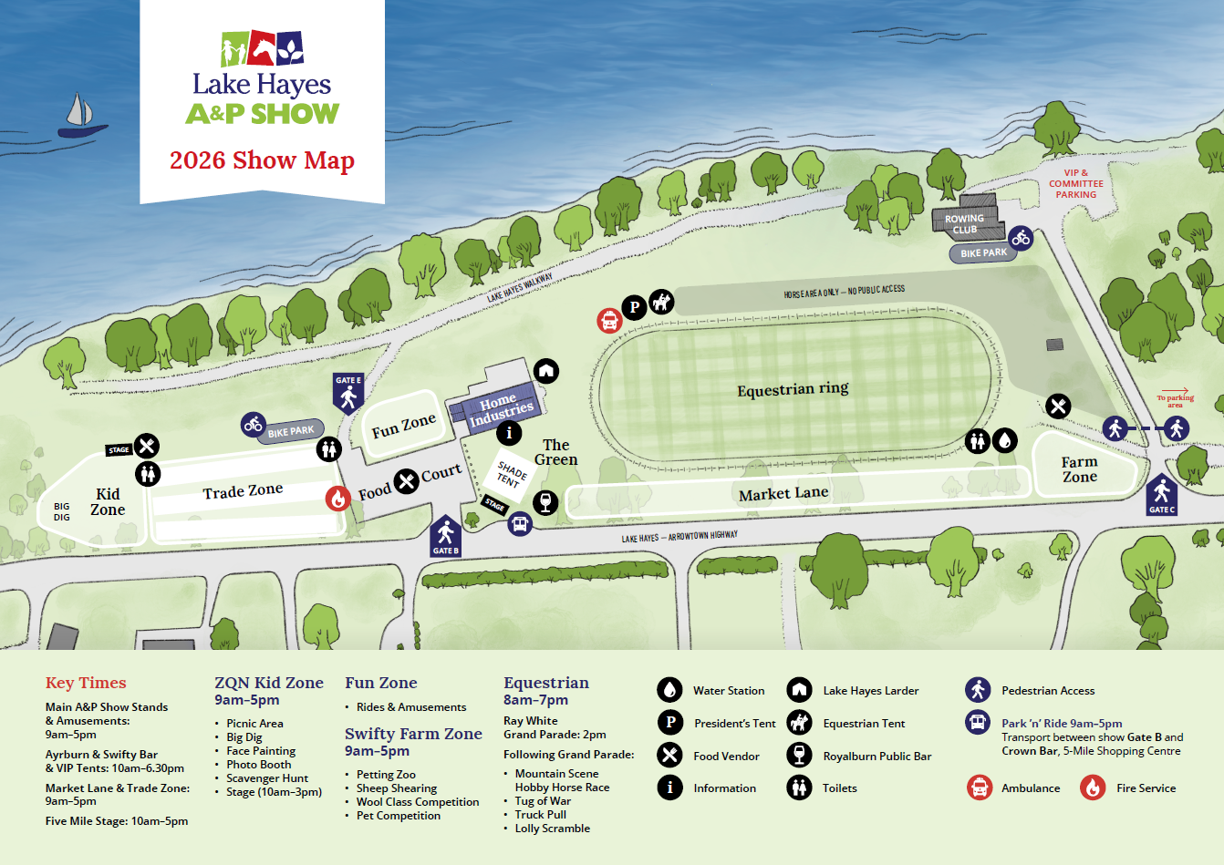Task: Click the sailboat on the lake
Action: (79, 117)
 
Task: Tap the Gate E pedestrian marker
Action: (347, 394)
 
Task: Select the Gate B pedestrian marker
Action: (445, 535)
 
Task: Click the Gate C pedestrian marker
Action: (1161, 494)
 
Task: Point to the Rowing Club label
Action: (965, 224)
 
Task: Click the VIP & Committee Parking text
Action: (1076, 183)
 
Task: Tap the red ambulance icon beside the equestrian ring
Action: (609, 320)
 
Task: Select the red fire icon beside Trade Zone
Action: (338, 498)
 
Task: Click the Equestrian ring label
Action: (793, 389)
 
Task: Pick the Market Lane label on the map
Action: (783, 494)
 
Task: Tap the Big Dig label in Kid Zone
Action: (62, 511)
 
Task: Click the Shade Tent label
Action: (510, 475)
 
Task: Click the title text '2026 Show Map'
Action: (262, 160)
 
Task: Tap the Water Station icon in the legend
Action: (669, 690)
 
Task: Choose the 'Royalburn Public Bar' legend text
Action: (877, 756)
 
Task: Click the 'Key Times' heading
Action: (86, 683)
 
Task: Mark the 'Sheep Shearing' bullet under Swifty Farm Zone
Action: (396, 788)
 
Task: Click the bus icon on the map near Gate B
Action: (520, 524)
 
